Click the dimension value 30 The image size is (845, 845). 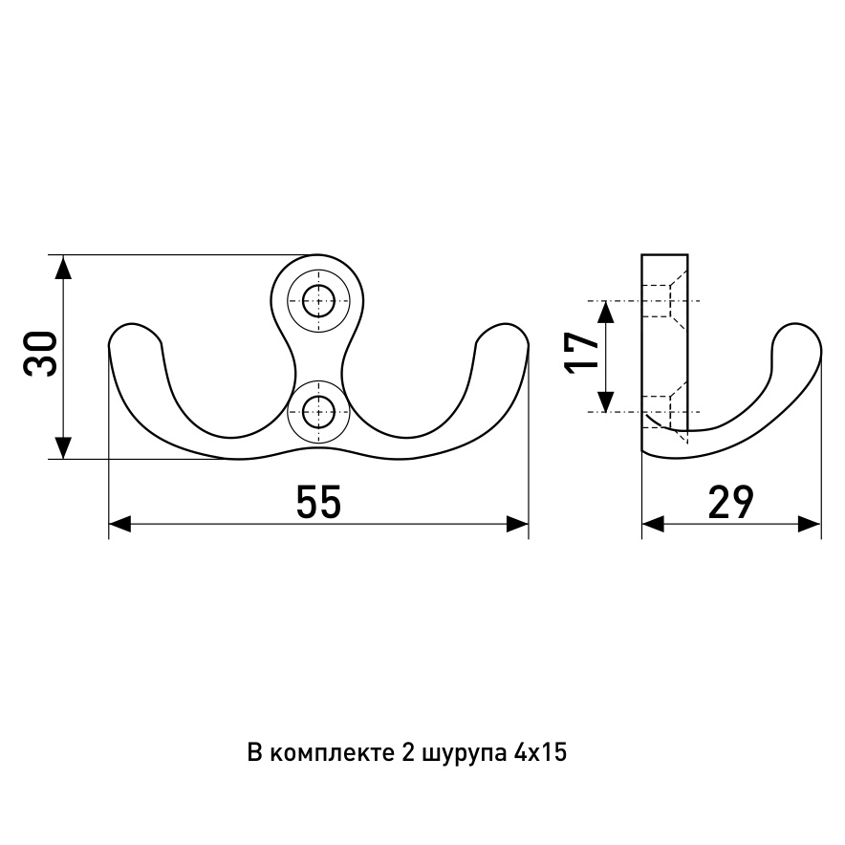[40, 354]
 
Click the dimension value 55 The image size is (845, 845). [318, 502]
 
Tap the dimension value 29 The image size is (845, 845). [730, 502]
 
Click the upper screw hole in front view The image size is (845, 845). [318, 301]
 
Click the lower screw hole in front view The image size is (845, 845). [318, 413]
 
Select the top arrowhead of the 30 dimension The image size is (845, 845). [64, 268]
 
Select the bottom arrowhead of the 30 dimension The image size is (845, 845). [64, 447]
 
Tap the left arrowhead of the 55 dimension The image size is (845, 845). [120, 523]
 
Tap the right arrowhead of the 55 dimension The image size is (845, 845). [517, 523]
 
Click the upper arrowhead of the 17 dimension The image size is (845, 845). [606, 313]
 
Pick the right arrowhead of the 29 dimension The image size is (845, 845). [810, 523]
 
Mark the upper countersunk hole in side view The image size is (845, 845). [665, 301]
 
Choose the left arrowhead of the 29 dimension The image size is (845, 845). [654, 523]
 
